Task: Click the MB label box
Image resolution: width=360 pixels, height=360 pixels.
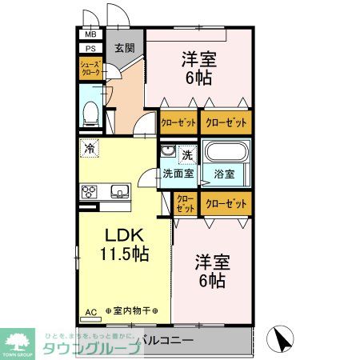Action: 90,34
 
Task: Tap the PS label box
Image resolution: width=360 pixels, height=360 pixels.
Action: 90,47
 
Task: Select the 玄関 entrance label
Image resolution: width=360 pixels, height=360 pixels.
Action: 123,48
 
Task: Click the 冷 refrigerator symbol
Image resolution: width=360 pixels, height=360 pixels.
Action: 90,148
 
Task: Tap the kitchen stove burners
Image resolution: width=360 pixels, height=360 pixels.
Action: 90,191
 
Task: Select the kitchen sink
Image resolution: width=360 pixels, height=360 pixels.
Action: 118,191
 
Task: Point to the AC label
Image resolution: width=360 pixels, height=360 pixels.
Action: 90,311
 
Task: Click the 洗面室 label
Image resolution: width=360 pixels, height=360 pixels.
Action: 178,173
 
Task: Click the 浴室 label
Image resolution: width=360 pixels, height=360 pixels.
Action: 223,173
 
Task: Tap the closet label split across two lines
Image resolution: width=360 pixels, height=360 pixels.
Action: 185,204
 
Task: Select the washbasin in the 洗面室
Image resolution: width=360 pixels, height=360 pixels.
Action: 168,152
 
